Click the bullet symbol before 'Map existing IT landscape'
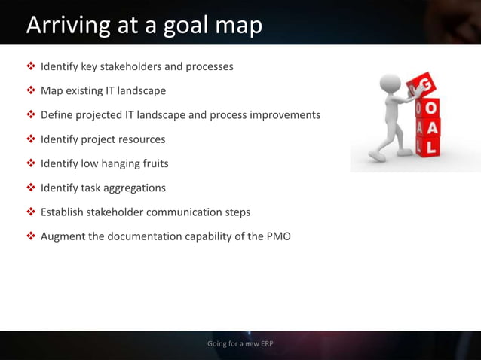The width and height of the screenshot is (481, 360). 31,91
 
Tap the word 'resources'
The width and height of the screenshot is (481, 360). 139,139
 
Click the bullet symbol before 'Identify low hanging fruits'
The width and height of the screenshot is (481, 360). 31,163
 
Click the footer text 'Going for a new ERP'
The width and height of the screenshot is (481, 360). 240,344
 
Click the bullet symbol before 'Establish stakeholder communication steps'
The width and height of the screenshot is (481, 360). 31,212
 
